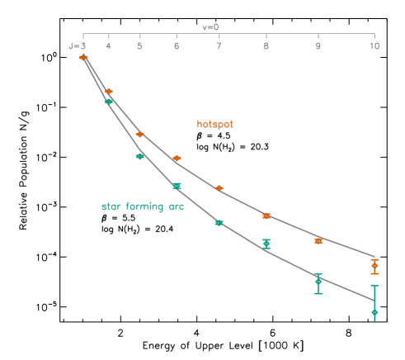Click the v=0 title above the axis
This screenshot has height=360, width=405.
210,27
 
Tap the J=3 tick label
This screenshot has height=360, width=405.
78,46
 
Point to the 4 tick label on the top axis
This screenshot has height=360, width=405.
109,46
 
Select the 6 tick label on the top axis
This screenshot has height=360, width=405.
177,46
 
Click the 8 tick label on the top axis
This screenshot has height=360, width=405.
266,46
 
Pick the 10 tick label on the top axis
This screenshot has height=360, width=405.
374,46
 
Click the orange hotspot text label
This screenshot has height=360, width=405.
214,124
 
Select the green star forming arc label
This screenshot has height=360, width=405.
143,206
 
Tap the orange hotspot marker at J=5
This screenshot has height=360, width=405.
139,134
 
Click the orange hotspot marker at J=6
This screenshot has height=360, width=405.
177,158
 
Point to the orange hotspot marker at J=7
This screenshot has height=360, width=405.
219,188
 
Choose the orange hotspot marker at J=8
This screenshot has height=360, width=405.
266,216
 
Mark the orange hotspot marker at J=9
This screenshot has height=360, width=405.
318,241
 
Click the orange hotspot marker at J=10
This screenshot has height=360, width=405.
374,266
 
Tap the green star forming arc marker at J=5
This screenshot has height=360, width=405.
139,156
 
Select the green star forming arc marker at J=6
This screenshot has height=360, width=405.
177,187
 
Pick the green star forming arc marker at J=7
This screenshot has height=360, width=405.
219,223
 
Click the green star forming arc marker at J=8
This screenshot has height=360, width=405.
266,243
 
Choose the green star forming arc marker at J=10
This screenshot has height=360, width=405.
374,312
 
